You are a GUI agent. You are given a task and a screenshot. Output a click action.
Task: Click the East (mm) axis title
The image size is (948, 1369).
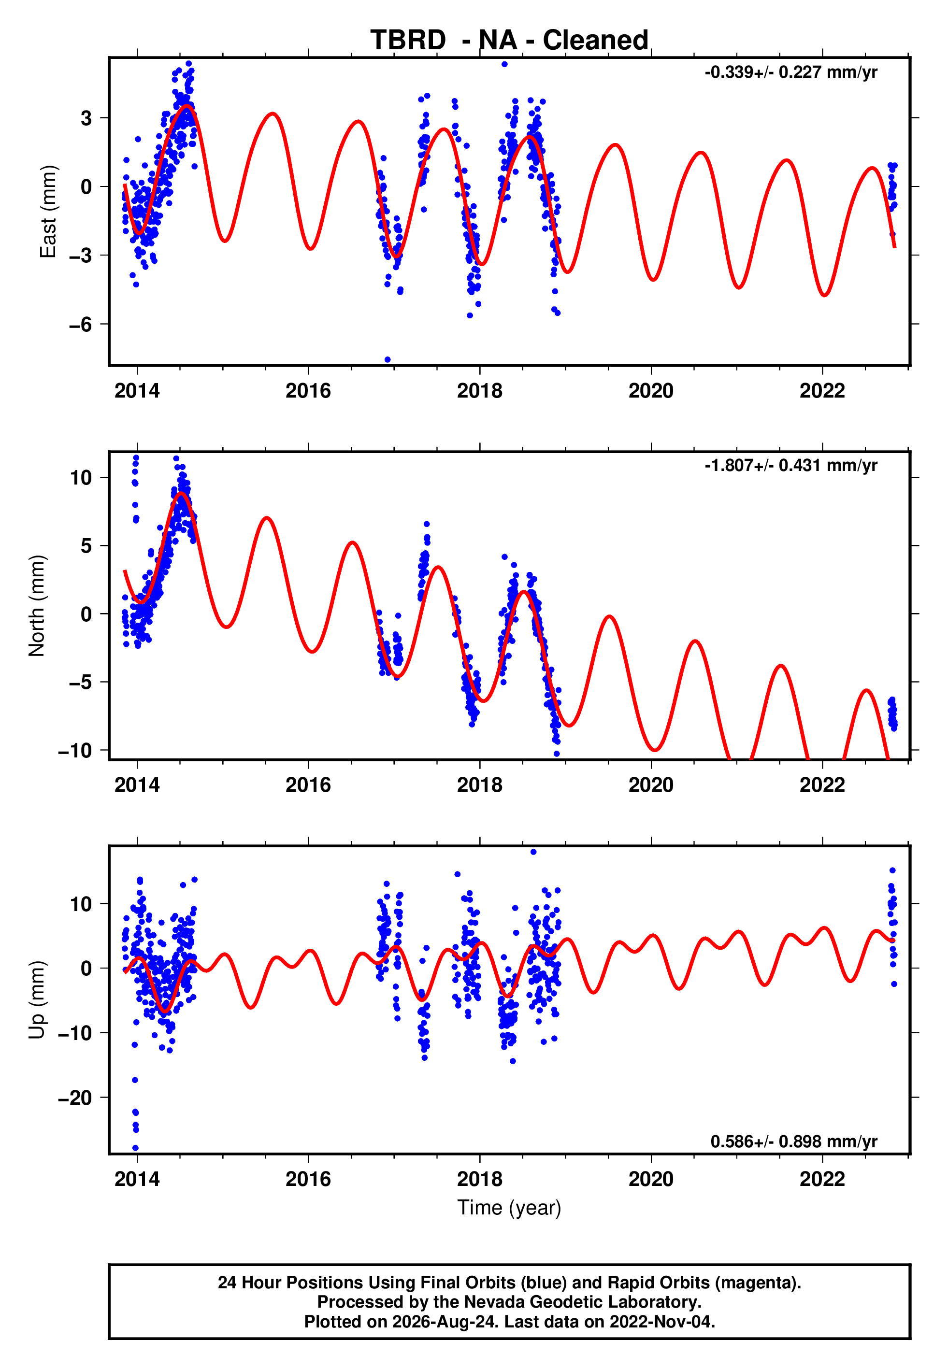coord(47,212)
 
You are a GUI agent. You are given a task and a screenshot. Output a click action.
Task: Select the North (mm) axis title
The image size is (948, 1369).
coord(37,606)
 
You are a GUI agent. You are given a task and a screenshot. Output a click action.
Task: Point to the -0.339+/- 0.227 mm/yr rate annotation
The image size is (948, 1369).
coord(790,72)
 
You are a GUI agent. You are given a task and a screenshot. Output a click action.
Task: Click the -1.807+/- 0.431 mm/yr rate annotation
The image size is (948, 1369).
coord(790,466)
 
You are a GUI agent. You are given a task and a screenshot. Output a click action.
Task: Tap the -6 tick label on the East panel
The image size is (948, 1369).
coord(80,324)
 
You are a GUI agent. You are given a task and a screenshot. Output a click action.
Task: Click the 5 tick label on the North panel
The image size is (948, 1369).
coord(86,545)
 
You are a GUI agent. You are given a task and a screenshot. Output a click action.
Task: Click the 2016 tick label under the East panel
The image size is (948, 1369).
coord(308,391)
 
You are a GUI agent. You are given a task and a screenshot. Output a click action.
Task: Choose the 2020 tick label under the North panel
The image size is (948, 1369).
coord(651,785)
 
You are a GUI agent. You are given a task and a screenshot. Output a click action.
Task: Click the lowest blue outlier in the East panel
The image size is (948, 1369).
coord(388,360)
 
